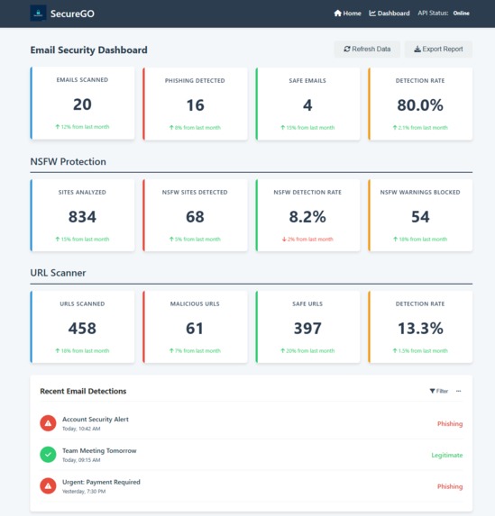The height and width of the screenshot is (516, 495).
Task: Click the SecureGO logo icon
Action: (38, 14)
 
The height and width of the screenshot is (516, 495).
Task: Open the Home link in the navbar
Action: (347, 14)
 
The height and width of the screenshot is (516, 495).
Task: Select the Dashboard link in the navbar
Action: (390, 14)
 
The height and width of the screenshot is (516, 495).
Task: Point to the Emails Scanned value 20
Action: (82, 104)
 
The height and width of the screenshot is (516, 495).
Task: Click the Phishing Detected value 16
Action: (195, 104)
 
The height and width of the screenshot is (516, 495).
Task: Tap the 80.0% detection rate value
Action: (420, 104)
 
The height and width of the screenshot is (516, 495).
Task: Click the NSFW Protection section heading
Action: (69, 162)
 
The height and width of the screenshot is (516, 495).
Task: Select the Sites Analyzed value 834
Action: (82, 217)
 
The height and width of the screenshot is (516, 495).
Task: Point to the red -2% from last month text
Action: (307, 240)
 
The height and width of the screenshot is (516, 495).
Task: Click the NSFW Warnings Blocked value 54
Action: (420, 217)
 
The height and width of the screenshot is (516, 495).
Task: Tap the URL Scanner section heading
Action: (60, 274)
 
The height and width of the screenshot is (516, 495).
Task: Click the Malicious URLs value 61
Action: (195, 329)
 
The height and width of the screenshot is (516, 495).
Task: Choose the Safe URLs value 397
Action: (307, 329)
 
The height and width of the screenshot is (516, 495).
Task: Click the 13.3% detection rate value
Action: (420, 329)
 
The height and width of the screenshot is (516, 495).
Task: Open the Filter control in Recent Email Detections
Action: (438, 392)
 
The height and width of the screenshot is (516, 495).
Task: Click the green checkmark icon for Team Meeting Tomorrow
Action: (48, 455)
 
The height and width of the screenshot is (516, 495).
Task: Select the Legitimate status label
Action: (446, 455)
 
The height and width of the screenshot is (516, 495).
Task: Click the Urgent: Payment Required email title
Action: (101, 482)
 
